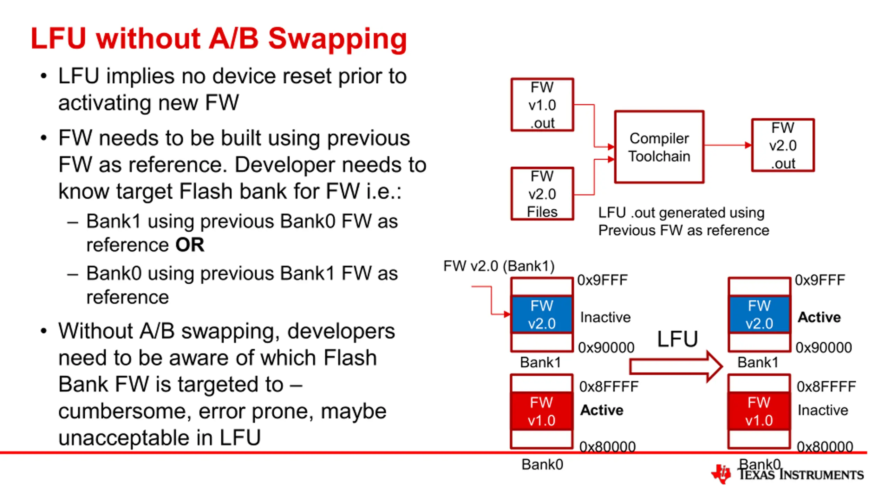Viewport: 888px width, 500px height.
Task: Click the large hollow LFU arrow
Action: [x=676, y=367]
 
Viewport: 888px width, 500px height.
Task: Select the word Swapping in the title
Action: [x=338, y=39]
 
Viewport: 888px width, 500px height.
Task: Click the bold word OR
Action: [x=190, y=245]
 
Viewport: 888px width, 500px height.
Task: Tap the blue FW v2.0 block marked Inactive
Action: [x=541, y=315]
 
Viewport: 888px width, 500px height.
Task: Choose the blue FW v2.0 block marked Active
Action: [x=759, y=315]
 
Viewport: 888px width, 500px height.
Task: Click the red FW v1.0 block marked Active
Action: [x=541, y=411]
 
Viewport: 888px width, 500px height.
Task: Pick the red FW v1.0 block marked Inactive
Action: [x=759, y=411]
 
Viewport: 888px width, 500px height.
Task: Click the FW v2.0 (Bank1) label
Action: [x=499, y=266]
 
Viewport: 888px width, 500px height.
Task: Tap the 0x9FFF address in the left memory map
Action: [x=603, y=280]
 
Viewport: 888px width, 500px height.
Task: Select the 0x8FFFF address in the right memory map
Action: [x=826, y=386]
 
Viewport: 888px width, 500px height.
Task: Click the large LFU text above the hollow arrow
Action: [x=677, y=339]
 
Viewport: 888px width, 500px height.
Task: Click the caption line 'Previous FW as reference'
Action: [x=684, y=231]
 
